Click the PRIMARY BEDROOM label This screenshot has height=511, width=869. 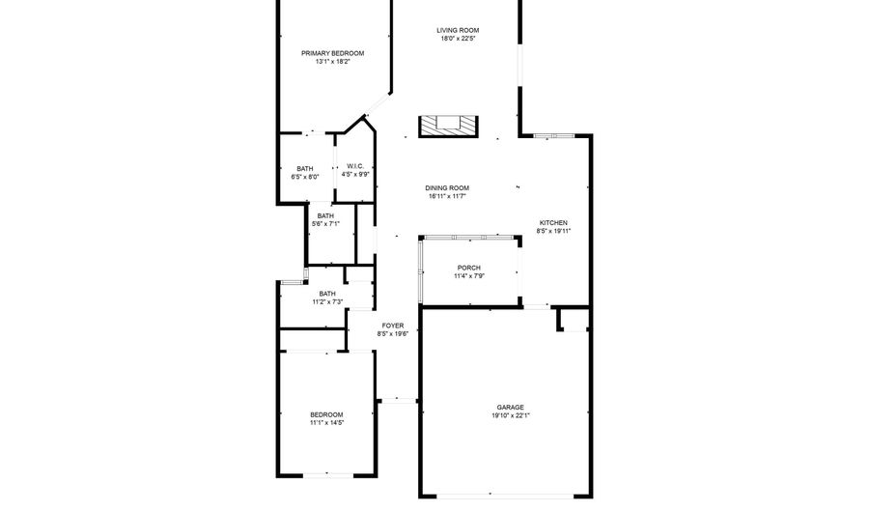(x=332, y=53)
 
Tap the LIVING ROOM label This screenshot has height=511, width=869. (x=458, y=31)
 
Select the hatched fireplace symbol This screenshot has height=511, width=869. (x=448, y=126)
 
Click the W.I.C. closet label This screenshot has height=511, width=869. (x=355, y=166)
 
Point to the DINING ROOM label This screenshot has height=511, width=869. (x=447, y=188)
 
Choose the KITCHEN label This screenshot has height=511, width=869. (x=553, y=223)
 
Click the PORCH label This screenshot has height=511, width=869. (x=469, y=268)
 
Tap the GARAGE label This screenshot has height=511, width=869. (x=511, y=408)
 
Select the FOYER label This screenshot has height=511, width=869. (x=393, y=326)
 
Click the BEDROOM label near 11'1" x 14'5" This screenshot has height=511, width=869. (x=326, y=414)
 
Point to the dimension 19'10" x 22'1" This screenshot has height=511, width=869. (x=511, y=415)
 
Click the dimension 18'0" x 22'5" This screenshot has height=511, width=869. (x=459, y=39)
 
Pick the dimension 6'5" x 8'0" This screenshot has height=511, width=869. (x=305, y=178)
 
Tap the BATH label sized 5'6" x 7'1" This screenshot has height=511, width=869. (x=326, y=216)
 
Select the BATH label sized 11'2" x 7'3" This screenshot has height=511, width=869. (x=327, y=294)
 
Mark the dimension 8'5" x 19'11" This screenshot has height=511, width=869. (x=553, y=231)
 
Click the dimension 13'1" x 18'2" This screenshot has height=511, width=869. (x=332, y=62)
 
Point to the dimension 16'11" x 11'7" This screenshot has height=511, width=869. (x=447, y=196)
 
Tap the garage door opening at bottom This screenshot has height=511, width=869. (x=505, y=495)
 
